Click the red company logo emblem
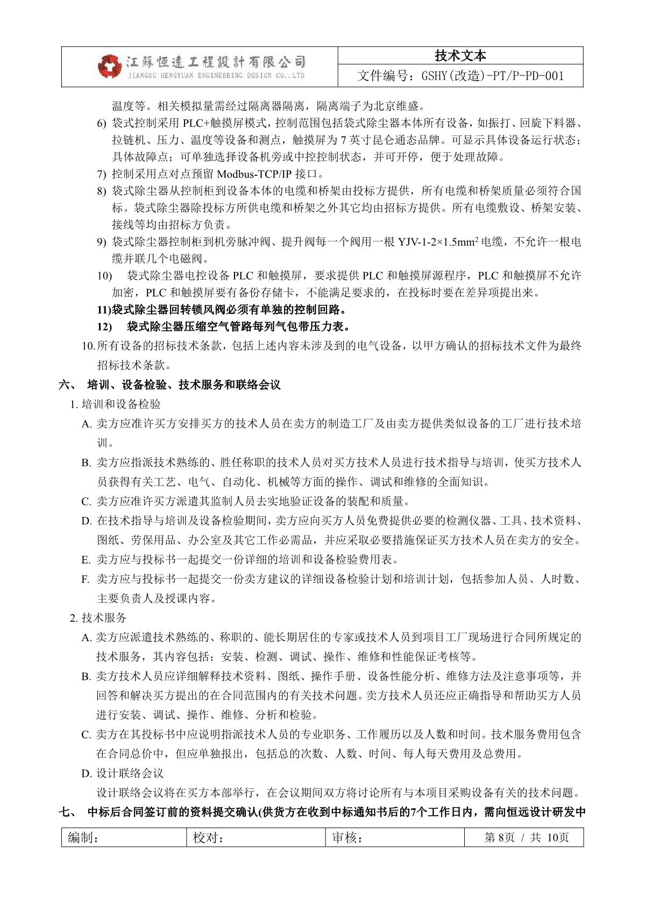(x=110, y=66)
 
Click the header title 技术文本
(x=460, y=56)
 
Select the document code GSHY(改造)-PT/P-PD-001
(x=460, y=76)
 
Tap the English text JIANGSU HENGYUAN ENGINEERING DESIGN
(x=216, y=76)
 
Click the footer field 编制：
(x=83, y=837)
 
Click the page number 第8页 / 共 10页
(x=526, y=837)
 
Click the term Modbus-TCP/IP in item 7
(x=251, y=174)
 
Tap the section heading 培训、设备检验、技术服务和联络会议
(x=183, y=384)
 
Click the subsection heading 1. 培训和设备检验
(x=116, y=404)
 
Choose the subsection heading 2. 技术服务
(x=98, y=618)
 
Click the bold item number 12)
(x=104, y=326)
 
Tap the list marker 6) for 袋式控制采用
(x=102, y=124)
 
